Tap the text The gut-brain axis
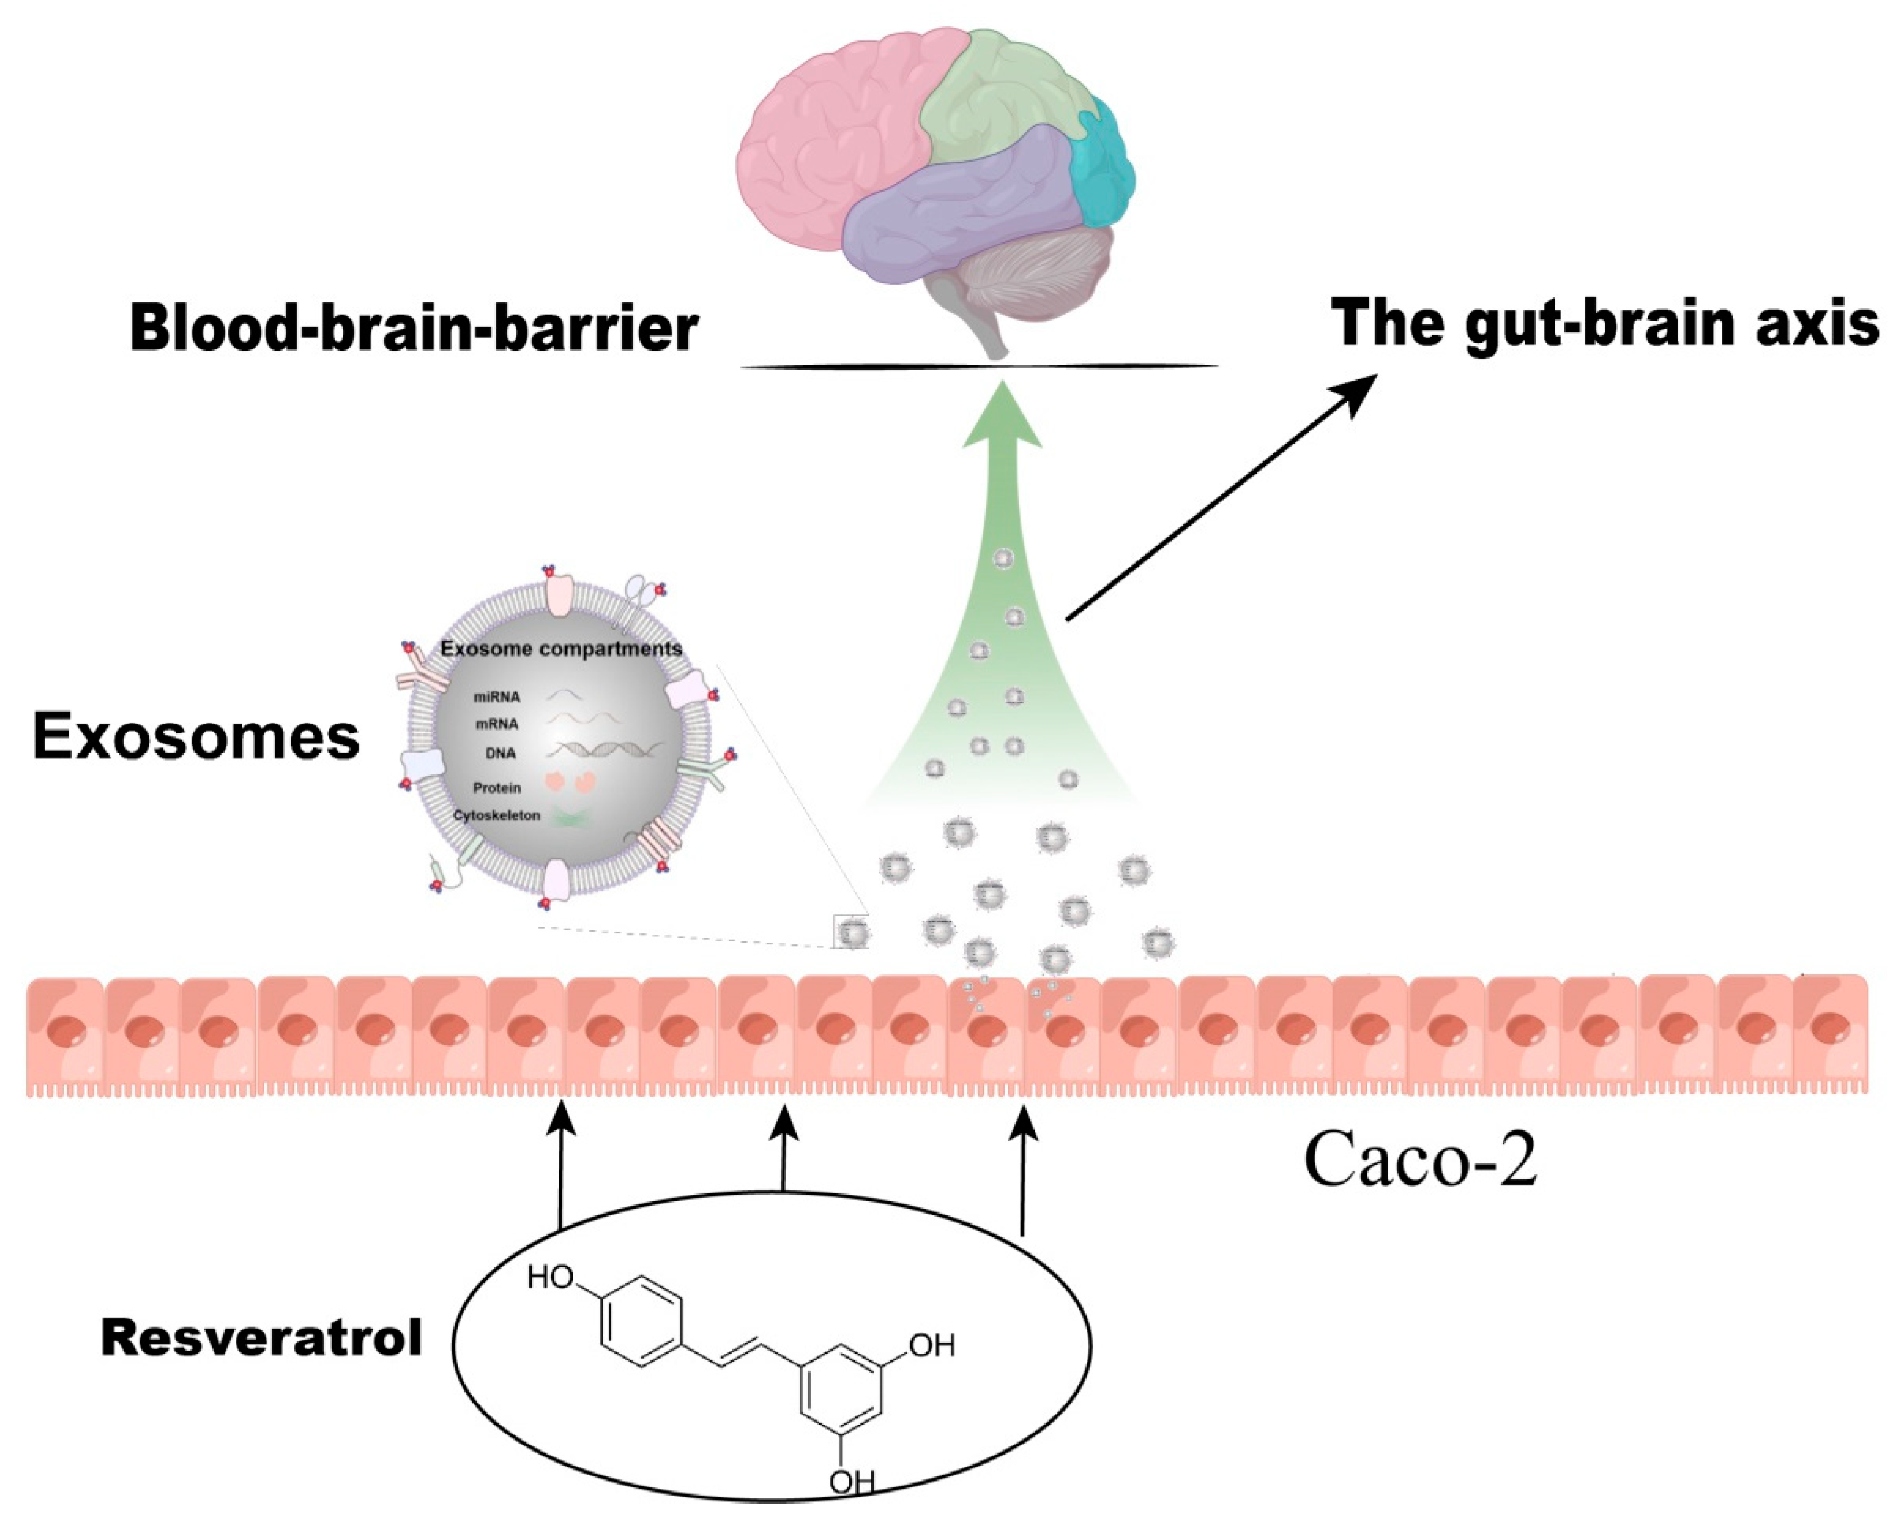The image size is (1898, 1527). tap(1604, 324)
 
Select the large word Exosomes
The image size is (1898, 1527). tap(196, 738)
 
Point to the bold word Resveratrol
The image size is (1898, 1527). tap(261, 1339)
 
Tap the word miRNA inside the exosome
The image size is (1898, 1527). tap(496, 697)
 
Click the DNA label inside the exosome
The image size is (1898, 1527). tap(500, 753)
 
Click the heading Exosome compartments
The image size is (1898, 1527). tap(561, 649)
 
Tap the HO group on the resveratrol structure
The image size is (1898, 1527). tap(550, 1277)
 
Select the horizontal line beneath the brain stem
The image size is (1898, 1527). tap(979, 365)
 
